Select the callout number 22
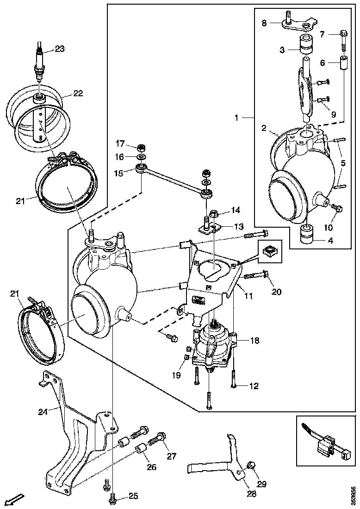(78, 93)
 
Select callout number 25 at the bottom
(133, 496)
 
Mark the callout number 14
(236, 211)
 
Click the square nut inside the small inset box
(268, 252)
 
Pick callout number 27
(172, 456)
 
